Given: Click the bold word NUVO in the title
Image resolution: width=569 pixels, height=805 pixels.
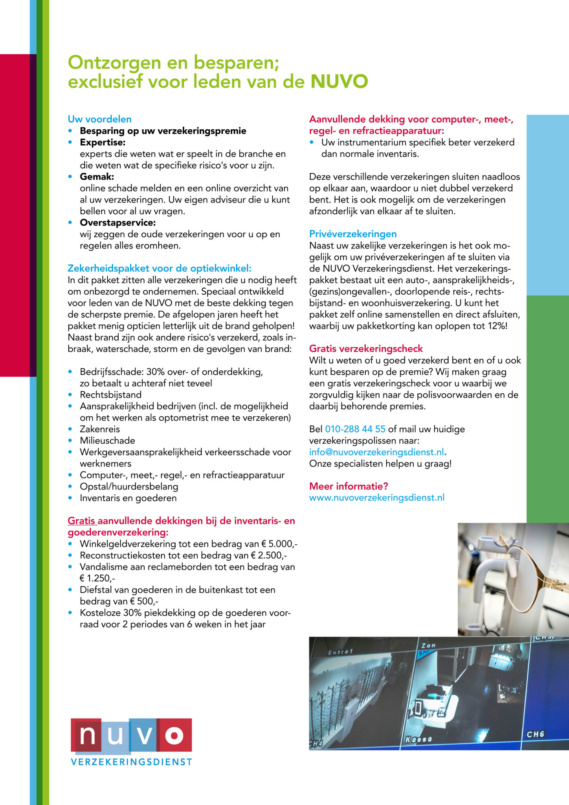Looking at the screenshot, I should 339,82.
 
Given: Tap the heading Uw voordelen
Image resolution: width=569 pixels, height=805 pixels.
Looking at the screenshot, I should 99,119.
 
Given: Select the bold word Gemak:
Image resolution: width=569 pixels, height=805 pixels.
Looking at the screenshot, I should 97,176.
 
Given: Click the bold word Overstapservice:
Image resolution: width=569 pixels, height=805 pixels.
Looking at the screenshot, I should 117,222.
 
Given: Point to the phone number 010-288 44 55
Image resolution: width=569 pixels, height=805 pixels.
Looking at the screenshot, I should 355,429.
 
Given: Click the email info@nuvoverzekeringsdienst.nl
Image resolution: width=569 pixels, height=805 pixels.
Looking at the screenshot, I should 376,452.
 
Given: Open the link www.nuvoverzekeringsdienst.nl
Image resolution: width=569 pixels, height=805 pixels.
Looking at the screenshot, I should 377,498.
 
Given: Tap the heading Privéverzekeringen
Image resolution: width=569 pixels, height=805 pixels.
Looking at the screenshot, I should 353,234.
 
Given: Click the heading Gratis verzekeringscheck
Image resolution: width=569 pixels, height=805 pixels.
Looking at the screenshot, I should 366,349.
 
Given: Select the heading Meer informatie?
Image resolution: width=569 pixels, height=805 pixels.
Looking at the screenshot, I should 349,486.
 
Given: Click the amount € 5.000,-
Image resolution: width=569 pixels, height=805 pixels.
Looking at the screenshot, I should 279,544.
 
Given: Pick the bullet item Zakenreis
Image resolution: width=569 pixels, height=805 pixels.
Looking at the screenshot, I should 100,429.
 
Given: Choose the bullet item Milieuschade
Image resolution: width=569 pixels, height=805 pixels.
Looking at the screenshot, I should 107,441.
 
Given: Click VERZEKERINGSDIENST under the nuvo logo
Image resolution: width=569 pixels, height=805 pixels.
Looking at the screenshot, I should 131,762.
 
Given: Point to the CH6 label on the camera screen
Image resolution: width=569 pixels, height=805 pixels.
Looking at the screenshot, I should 535,734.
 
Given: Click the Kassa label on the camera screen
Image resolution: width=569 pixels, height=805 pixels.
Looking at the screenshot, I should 418,739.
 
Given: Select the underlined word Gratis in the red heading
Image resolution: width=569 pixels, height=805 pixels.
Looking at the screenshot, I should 82,521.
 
